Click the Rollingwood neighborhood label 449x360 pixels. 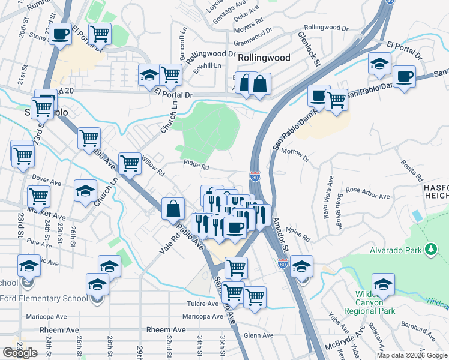click(x=264, y=58)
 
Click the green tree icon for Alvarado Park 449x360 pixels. click(x=430, y=248)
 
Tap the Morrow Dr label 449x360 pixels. click(x=294, y=155)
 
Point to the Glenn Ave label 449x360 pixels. click(x=259, y=335)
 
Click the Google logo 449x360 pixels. click(x=20, y=353)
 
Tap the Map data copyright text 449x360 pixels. click(x=411, y=355)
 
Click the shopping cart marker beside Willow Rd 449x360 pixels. click(x=130, y=163)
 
